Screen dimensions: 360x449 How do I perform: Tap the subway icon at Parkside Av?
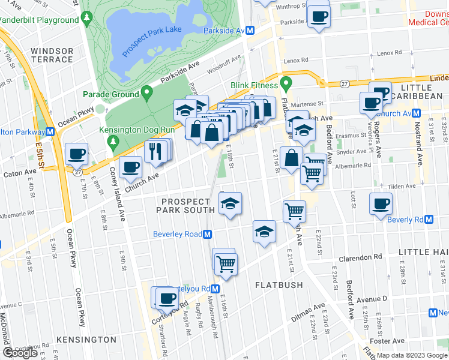251,30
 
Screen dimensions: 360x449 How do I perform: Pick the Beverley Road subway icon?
208,234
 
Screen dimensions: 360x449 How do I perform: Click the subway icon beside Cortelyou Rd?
214,289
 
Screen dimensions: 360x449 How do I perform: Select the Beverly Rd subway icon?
429,220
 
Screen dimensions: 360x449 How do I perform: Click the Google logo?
20,353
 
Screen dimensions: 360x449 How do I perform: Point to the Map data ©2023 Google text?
412,355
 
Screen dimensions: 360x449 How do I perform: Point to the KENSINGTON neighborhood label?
86,340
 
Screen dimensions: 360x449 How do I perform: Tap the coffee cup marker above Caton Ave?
77,154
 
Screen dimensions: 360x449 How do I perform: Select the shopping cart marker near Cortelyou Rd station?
226,263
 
